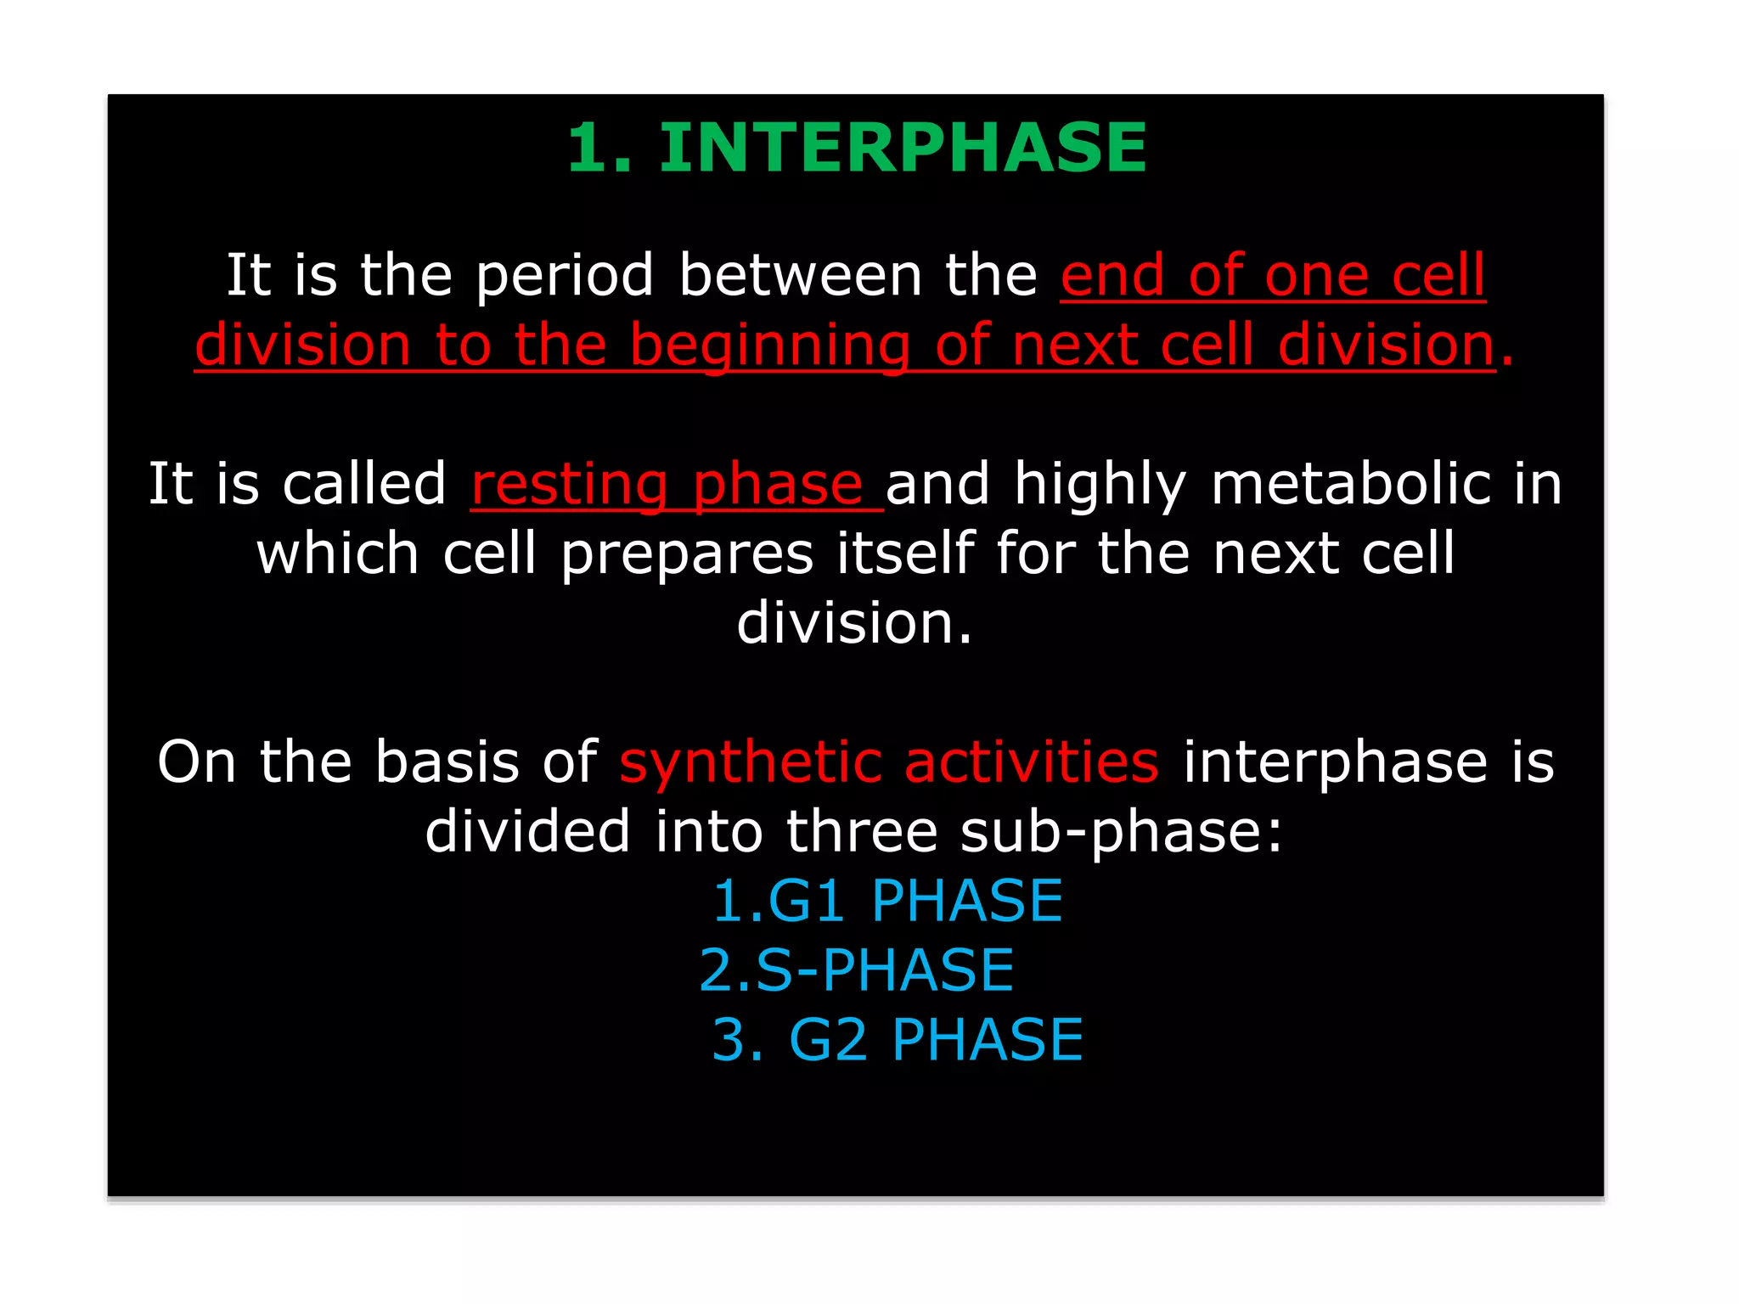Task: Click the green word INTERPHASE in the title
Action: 903,148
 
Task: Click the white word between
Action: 800,276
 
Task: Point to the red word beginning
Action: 769,346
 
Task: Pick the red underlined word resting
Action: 570,485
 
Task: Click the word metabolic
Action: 1350,485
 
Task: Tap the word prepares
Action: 686,554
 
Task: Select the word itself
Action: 904,554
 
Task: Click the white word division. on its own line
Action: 854,624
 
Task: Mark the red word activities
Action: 1031,762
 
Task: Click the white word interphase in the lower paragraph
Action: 1335,762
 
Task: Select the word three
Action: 861,832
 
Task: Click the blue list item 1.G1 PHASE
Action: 887,901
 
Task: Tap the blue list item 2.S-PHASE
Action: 856,970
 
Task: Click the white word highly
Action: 1100,485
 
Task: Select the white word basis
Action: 447,762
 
